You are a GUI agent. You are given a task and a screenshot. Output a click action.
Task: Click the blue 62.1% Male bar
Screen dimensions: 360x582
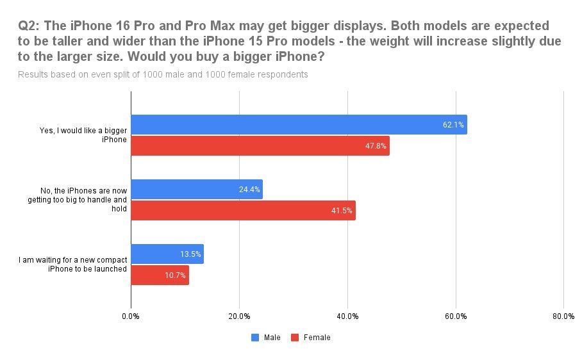click(x=299, y=124)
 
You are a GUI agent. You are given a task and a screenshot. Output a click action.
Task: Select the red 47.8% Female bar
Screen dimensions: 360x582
click(x=260, y=145)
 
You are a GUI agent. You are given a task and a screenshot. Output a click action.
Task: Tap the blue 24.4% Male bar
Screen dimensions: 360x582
click(x=197, y=189)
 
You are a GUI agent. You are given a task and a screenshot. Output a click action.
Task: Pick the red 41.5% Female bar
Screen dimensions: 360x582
click(x=243, y=210)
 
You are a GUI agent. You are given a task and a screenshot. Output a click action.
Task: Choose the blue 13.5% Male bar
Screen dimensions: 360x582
click(x=167, y=254)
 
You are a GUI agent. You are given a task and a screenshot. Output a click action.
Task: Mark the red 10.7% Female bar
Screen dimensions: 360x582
click(x=160, y=275)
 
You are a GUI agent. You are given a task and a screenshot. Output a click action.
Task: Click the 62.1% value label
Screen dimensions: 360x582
click(x=453, y=124)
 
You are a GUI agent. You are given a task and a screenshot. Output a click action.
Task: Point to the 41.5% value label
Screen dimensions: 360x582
click(x=342, y=211)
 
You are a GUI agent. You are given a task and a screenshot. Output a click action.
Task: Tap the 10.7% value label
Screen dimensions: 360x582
click(x=175, y=275)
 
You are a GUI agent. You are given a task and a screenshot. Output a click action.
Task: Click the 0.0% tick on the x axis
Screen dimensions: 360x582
click(x=131, y=316)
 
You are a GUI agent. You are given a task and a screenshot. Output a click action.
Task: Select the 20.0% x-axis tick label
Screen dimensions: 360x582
click(x=239, y=316)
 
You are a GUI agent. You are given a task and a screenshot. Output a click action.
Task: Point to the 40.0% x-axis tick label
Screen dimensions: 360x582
click(x=347, y=316)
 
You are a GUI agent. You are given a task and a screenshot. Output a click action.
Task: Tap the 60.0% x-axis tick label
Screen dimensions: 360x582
click(x=456, y=316)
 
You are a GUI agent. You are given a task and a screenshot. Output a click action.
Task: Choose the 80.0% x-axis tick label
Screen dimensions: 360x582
click(x=563, y=316)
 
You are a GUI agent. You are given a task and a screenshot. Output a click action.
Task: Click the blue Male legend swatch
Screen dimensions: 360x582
click(x=255, y=337)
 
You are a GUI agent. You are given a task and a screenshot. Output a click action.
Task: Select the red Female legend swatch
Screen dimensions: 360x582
click(x=295, y=337)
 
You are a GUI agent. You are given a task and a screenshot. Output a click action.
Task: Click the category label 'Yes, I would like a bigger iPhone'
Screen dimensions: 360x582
click(x=83, y=135)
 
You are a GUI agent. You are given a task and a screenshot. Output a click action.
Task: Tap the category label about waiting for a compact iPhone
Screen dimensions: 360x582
click(x=73, y=264)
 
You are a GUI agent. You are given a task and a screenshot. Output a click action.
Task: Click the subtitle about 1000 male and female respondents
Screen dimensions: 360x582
click(x=163, y=74)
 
